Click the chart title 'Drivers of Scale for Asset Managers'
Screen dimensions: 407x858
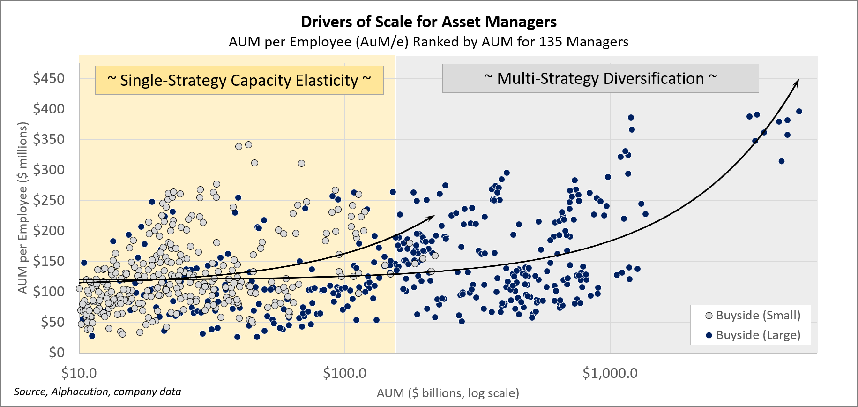coord(428,22)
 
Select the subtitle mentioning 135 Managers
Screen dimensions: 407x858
coord(428,42)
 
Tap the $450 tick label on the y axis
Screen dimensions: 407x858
coord(49,78)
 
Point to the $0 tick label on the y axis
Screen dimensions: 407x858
coord(57,352)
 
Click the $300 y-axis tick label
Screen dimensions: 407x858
coord(49,170)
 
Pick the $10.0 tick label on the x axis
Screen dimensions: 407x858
coord(79,373)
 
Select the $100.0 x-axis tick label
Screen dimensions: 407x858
coord(344,373)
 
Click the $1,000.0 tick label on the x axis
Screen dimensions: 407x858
coord(610,373)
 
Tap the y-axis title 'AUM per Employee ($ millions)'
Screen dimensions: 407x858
coord(23,208)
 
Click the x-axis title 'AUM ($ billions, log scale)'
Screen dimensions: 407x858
coord(448,393)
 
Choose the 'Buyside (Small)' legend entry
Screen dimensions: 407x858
coord(753,315)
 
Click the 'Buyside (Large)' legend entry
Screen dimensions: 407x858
coord(753,335)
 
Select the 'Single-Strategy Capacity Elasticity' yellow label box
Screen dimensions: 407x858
coord(239,80)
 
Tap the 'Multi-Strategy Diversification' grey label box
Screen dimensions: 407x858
coord(600,78)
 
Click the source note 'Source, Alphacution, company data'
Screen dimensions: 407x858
coord(97,392)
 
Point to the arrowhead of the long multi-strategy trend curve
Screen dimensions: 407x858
coord(797,82)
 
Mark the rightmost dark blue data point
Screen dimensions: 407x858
coord(799,112)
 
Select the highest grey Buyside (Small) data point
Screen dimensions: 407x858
coord(249,144)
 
